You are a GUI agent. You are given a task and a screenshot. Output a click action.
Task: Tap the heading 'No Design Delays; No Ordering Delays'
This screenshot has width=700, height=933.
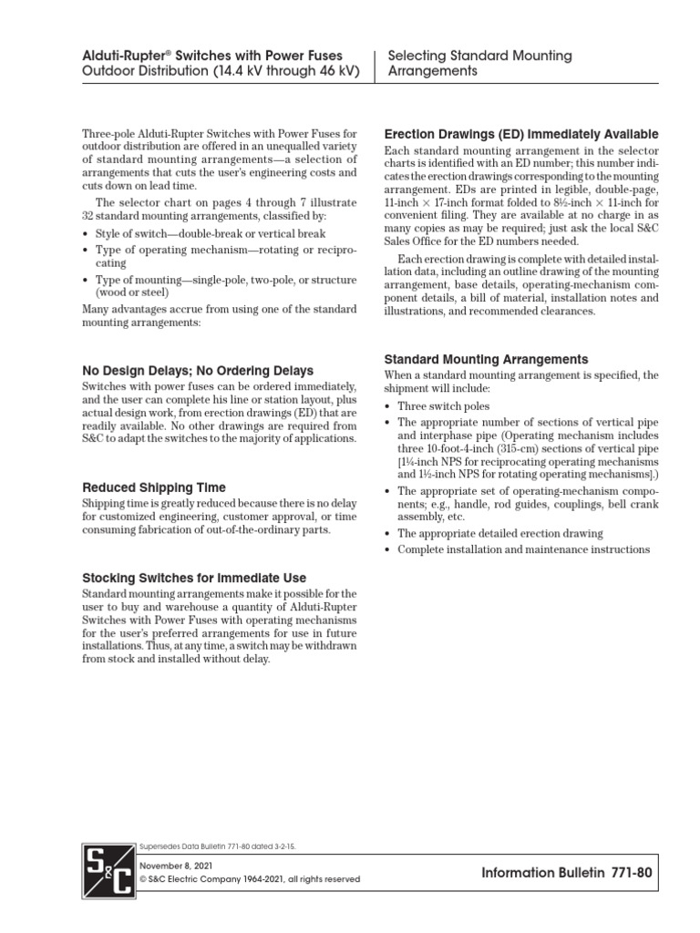pyautogui.click(x=198, y=371)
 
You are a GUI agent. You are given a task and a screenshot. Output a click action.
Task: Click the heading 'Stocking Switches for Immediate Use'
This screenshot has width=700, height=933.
pyautogui.click(x=194, y=578)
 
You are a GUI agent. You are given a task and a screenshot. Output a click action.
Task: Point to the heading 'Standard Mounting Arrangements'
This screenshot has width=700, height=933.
pyautogui.click(x=486, y=359)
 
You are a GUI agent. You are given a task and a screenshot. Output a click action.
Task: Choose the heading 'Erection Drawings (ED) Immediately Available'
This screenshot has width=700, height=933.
pyautogui.click(x=521, y=135)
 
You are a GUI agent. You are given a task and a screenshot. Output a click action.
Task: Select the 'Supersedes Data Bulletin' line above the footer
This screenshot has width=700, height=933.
pyautogui.click(x=216, y=846)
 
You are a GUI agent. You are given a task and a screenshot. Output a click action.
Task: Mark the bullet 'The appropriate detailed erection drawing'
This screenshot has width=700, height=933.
pyautogui.click(x=500, y=533)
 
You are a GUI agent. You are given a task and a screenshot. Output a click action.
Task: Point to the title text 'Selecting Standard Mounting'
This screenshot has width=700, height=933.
pyautogui.click(x=480, y=56)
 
